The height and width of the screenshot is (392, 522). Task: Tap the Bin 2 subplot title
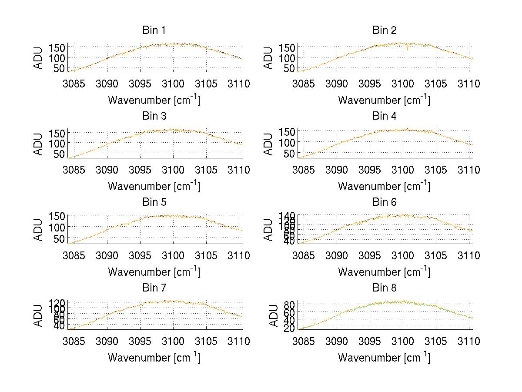point(384,30)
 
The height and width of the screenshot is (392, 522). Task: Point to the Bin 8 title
point(384,288)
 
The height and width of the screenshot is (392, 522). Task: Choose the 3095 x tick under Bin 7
point(140,341)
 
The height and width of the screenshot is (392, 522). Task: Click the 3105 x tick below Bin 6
point(435,255)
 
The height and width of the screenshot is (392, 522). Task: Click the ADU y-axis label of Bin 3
point(39,144)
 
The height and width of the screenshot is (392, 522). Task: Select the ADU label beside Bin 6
point(269,229)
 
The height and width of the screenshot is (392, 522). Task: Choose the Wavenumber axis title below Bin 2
point(384,100)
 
